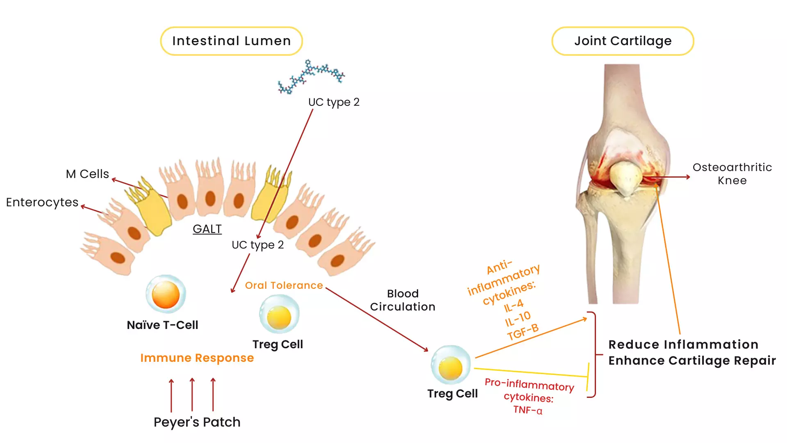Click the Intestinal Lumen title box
coord(231,41)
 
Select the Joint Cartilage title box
coord(622,41)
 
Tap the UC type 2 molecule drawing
coord(311,76)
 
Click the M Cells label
coord(87,174)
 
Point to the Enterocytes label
coord(42,202)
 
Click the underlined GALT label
coord(207,229)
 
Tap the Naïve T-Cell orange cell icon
coord(166,294)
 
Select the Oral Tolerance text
coord(284,285)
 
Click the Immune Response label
coord(197,358)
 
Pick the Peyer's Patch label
coord(197,422)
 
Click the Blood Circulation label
coord(403,300)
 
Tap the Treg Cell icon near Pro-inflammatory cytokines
coord(450,366)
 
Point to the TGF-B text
coord(523,332)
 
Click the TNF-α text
coord(528,410)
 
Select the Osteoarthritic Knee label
coord(732,174)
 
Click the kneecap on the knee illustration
coord(625,176)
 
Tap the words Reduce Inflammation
coord(683,345)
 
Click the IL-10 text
coord(518,318)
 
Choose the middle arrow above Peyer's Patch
coord(192,395)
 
